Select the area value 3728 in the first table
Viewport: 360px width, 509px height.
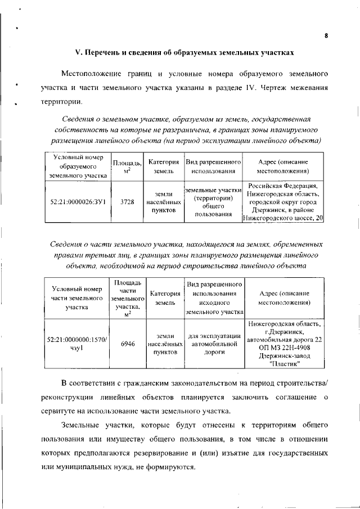point(127,202)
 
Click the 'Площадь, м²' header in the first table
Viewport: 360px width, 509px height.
point(127,166)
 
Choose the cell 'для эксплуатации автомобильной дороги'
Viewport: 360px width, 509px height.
point(214,344)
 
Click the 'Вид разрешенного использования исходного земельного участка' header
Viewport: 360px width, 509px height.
point(214,298)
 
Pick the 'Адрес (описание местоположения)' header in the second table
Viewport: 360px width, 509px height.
point(284,298)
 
